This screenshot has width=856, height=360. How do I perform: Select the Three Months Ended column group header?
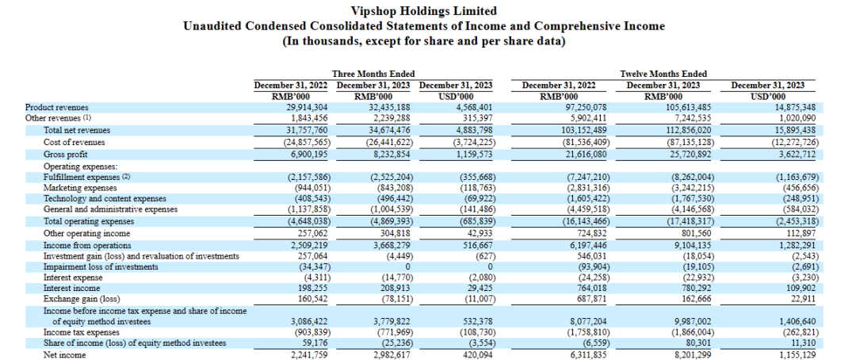click(373, 74)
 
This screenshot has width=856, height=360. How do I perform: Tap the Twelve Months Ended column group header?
click(663, 74)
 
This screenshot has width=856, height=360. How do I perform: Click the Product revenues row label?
click(56, 107)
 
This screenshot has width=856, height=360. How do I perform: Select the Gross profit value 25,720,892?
click(671, 154)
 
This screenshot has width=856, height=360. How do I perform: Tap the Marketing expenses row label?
click(64, 188)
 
